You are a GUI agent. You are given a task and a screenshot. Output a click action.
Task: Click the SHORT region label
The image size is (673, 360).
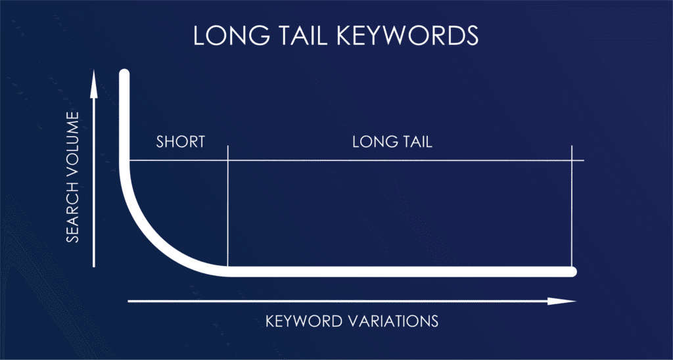[181, 141]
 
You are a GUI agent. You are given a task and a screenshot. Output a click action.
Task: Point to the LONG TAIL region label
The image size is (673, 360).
[392, 141]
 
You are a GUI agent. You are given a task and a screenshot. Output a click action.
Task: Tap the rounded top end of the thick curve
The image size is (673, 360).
[124, 74]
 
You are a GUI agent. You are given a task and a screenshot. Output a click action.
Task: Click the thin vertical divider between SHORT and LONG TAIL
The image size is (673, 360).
[227, 210]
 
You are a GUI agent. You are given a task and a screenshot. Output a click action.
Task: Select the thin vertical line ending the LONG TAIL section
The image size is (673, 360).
[572, 210]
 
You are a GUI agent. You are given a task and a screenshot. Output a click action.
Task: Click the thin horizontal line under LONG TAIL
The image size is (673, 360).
[394, 160]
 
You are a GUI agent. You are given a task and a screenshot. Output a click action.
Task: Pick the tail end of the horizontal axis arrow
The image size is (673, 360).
[129, 302]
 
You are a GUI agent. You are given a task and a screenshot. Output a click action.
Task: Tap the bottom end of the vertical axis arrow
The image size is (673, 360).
[94, 265]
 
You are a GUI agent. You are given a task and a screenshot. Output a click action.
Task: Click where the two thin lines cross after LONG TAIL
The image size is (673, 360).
[572, 160]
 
